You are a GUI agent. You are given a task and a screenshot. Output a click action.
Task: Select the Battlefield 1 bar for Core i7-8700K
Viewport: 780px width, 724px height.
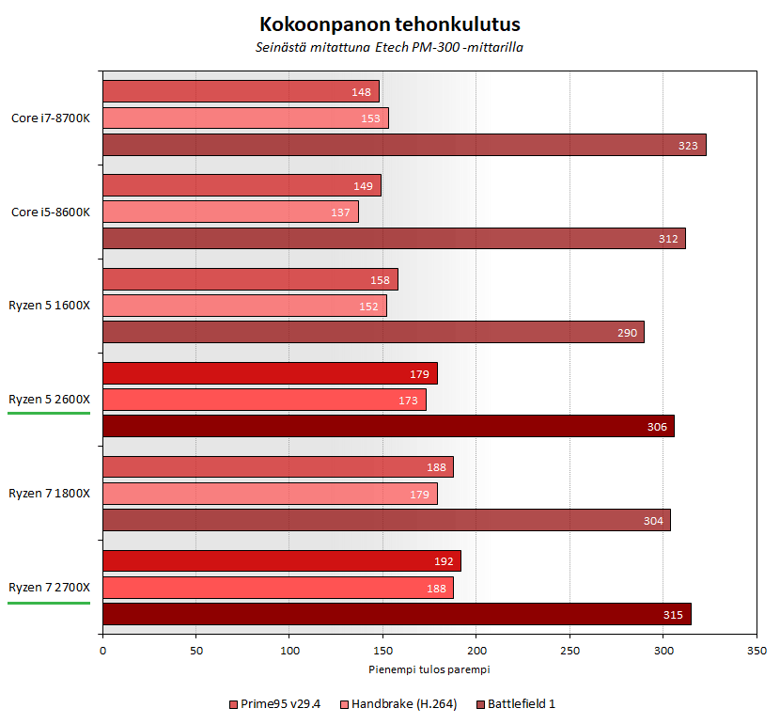coord(404,145)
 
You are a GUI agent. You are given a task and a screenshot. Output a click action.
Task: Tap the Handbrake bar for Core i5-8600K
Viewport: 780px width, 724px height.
coord(230,212)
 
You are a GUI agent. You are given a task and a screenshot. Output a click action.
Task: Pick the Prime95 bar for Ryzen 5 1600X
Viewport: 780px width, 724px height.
coord(250,279)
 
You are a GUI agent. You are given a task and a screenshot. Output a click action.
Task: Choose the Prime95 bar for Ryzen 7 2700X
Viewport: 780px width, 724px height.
coord(282,561)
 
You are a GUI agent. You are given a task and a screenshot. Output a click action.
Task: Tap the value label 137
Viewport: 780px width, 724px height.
coord(340,212)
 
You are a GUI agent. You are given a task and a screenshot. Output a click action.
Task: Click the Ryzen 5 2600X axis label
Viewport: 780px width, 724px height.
coord(49,400)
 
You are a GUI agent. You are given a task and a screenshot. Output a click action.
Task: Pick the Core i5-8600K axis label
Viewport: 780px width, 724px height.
coord(51,212)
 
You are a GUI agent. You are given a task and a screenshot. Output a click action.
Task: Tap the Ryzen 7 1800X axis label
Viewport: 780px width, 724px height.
coord(49,494)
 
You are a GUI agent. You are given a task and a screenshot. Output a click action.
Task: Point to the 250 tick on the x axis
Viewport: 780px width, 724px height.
coord(569,650)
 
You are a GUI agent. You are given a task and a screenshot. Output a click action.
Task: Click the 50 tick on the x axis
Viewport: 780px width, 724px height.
coord(195,650)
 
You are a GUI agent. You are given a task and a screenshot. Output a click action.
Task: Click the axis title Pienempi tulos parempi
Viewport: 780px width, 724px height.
coord(429,669)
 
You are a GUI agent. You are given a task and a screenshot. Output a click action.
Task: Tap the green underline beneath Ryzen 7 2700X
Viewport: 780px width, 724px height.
coord(49,603)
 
